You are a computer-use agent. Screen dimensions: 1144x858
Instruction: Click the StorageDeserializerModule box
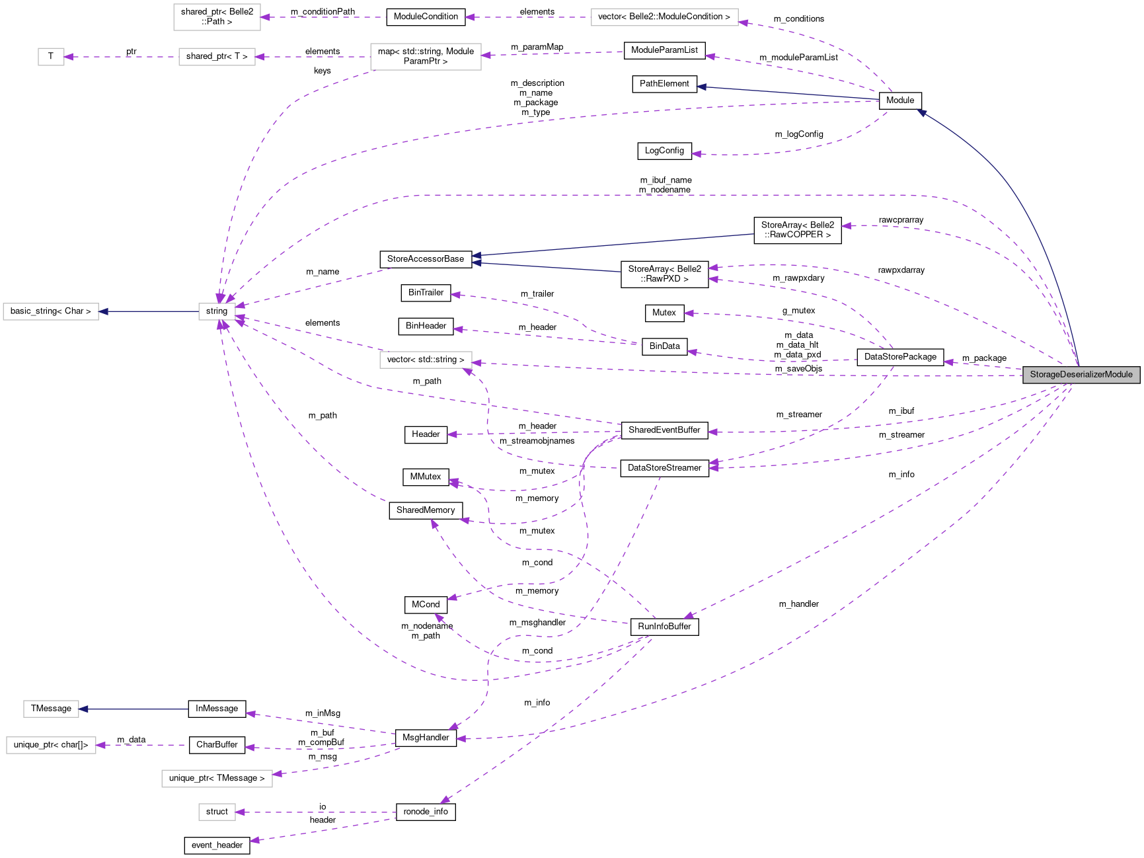[x=1081, y=375]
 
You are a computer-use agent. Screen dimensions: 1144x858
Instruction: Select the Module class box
[x=900, y=100]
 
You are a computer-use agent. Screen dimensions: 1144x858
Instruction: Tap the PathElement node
[x=664, y=84]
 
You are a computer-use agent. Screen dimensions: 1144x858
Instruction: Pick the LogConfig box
[x=664, y=151]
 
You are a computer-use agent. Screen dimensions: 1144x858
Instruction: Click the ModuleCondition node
[x=426, y=17]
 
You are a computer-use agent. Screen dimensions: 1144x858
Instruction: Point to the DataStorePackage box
[x=900, y=357]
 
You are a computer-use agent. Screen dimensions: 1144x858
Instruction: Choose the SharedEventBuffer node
[x=664, y=430]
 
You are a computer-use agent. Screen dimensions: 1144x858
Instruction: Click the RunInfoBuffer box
[x=664, y=627]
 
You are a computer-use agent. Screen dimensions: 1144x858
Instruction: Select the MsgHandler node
[x=426, y=738]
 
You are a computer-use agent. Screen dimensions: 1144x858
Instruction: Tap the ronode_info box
[x=426, y=812]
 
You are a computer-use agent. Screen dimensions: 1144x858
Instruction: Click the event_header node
[x=217, y=845]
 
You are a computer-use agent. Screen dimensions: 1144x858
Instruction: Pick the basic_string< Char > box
[x=51, y=311]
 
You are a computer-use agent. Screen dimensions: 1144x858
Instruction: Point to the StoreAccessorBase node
[x=426, y=259]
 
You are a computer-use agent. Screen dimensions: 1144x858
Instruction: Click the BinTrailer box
[x=426, y=293]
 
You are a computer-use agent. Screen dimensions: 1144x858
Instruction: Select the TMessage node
[x=51, y=709]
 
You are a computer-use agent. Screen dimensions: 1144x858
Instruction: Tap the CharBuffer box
[x=217, y=745]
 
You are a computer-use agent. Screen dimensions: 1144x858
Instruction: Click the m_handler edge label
[x=798, y=604]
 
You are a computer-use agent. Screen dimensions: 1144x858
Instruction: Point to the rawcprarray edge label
[x=901, y=220]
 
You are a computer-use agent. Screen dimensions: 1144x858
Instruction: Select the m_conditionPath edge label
[x=323, y=12]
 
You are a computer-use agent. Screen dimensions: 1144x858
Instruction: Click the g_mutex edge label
[x=798, y=311]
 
